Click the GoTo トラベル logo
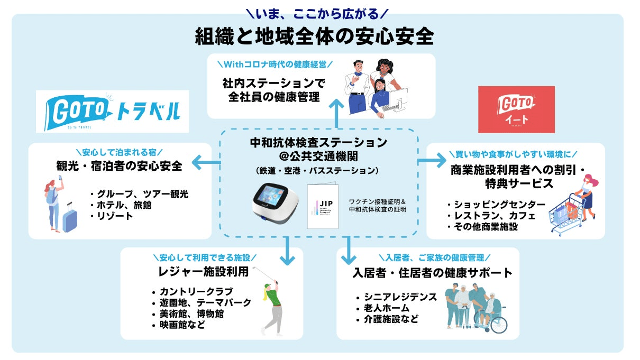click(x=112, y=110)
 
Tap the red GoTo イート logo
click(x=516, y=109)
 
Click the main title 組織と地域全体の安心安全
click(x=314, y=37)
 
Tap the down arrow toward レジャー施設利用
click(x=287, y=252)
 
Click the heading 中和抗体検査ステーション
click(x=318, y=143)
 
